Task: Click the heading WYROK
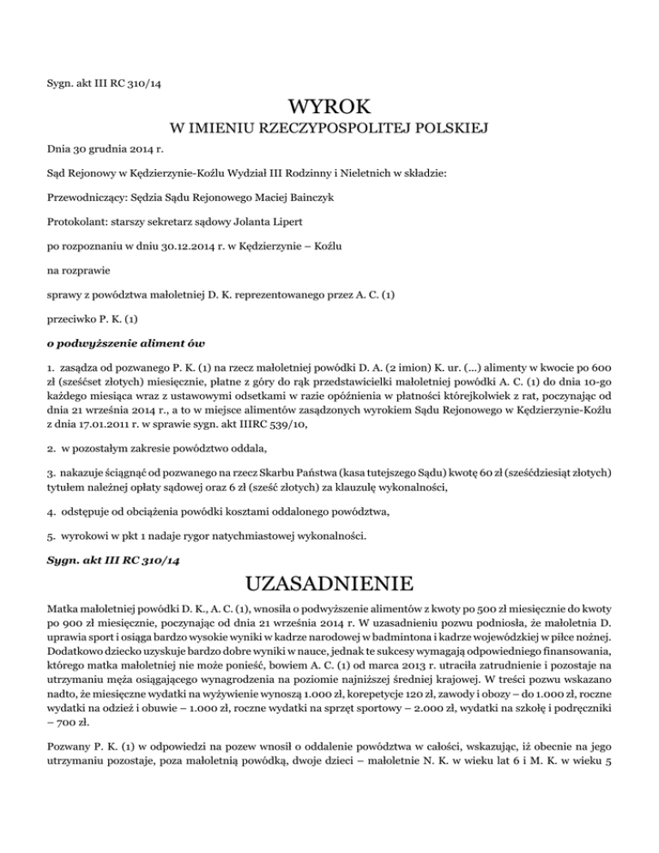coord(329,107)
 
